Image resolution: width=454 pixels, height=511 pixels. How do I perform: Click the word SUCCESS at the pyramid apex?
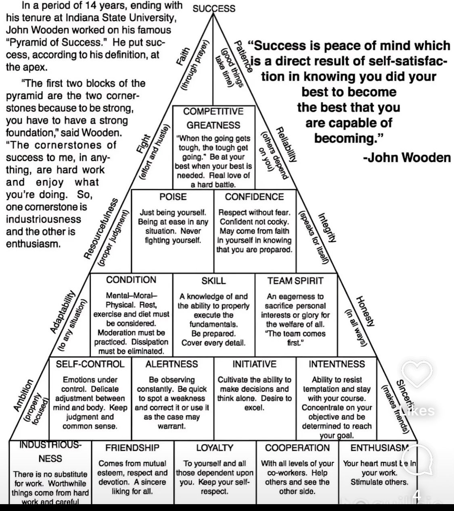(x=214, y=8)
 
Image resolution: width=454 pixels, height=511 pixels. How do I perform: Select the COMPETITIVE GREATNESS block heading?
(x=213, y=118)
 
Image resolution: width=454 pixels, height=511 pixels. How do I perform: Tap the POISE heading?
(x=173, y=197)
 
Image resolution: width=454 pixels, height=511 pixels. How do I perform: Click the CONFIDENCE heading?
(x=255, y=197)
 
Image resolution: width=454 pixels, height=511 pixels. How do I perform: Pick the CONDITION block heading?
(x=131, y=280)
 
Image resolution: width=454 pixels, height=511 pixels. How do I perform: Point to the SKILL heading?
(x=213, y=281)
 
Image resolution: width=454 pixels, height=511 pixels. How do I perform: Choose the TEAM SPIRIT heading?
(x=295, y=280)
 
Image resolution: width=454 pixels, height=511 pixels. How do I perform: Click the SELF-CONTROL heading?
(x=90, y=364)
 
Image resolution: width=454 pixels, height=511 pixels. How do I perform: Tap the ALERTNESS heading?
(x=172, y=364)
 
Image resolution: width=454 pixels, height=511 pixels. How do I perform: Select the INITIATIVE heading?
(x=254, y=364)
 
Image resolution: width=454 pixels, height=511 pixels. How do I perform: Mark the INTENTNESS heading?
(x=337, y=364)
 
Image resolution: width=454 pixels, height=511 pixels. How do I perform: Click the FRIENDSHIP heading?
(x=132, y=448)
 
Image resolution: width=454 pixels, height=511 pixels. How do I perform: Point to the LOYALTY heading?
(x=215, y=448)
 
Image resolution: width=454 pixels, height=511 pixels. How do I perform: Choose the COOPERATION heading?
(x=297, y=448)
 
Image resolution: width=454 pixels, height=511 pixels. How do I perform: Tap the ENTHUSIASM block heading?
(x=380, y=448)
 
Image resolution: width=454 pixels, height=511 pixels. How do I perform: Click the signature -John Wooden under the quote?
(x=407, y=157)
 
